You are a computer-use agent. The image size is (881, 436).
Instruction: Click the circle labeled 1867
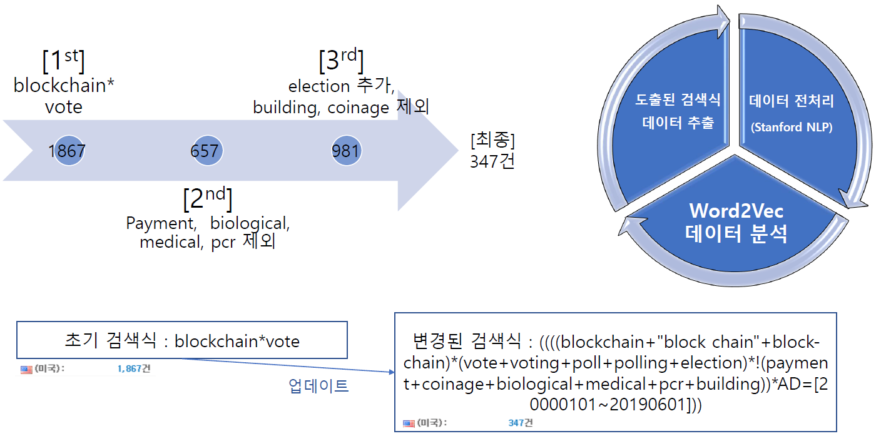[x=67, y=151]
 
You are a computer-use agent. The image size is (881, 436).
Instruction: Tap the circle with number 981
[x=345, y=151]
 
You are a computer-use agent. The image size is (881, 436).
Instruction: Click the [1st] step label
[x=63, y=61]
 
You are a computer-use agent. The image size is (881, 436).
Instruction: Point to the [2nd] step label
[x=207, y=198]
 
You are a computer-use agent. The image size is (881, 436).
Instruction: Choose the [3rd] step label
[x=341, y=61]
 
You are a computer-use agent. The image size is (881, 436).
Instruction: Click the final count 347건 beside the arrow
[x=492, y=162]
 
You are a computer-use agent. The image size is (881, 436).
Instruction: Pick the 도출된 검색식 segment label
[x=678, y=99]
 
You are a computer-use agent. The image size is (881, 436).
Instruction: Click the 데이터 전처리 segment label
[x=790, y=99]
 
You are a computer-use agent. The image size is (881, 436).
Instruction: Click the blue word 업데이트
[x=318, y=385]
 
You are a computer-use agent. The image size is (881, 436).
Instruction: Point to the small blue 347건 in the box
[x=520, y=423]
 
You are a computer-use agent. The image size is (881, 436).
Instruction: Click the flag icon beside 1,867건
[x=26, y=369]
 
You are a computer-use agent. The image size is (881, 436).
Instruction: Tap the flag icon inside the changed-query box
[x=409, y=423]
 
